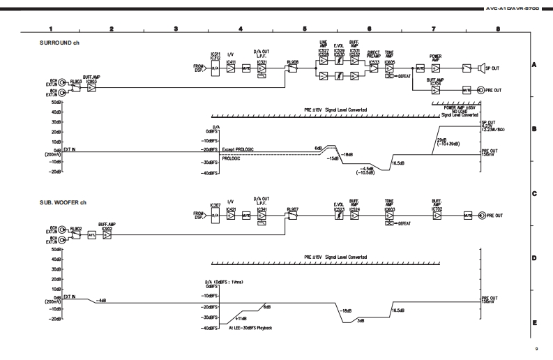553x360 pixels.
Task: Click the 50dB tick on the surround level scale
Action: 55,103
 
